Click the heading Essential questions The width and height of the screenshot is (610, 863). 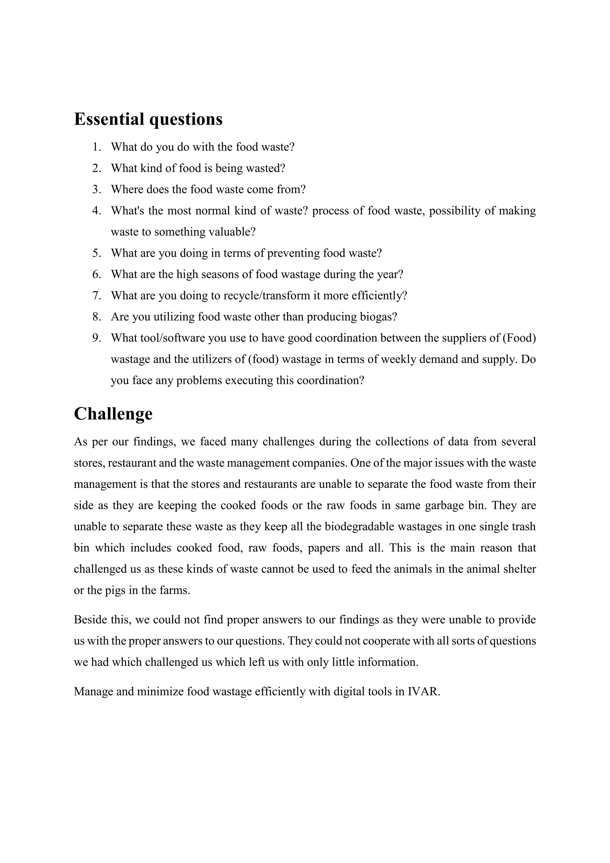148,119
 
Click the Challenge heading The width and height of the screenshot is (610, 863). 113,414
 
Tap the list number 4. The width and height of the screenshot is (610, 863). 97,211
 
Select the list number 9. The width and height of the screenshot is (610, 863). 97,338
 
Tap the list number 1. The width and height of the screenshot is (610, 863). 97,147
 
